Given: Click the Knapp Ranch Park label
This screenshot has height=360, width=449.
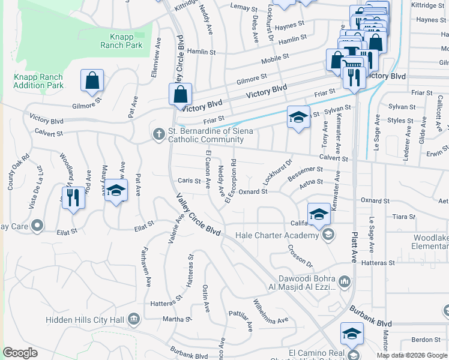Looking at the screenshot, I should pyautogui.click(x=126, y=41).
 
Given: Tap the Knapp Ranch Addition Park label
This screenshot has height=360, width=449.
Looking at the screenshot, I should pyautogui.click(x=38, y=82).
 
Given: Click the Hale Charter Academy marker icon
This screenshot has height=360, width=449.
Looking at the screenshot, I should pyautogui.click(x=328, y=235).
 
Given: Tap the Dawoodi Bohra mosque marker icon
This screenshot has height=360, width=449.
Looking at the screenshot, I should pyautogui.click(x=345, y=281).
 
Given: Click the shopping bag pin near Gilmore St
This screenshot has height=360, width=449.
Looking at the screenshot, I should pyautogui.click(x=92, y=80).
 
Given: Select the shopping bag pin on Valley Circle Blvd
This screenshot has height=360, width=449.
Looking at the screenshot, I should pyautogui.click(x=180, y=94).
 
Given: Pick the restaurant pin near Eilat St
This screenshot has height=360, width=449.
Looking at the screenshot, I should pyautogui.click(x=73, y=197).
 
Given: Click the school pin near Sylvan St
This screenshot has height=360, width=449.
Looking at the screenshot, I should pyautogui.click(x=297, y=117).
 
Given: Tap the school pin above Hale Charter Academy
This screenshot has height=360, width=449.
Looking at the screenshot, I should pyautogui.click(x=319, y=213).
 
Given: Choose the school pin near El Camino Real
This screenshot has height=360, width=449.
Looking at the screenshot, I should pyautogui.click(x=352, y=334).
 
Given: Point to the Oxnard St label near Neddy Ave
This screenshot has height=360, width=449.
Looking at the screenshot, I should pyautogui.click(x=253, y=191).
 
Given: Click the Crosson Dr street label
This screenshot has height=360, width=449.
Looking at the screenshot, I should pyautogui.click(x=300, y=256).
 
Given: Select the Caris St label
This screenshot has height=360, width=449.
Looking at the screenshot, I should pyautogui.click(x=188, y=181).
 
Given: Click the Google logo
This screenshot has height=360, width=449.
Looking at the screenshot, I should pyautogui.click(x=20, y=353).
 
